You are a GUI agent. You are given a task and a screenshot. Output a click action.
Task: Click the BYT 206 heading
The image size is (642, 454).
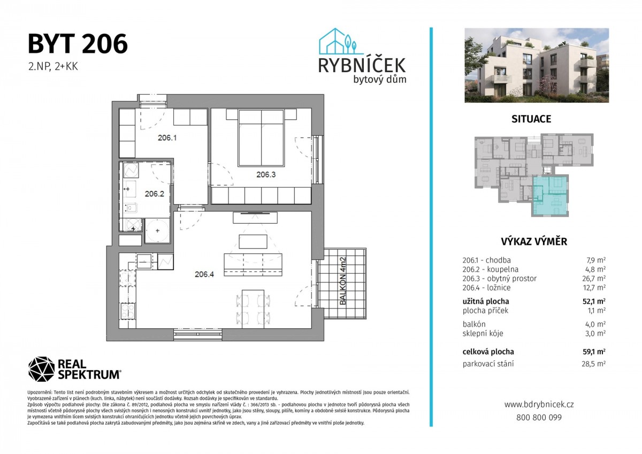click(78, 44)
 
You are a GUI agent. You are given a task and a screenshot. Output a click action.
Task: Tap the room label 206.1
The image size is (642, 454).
click(167, 138)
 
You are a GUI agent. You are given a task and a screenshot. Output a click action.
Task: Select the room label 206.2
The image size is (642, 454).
click(155, 194)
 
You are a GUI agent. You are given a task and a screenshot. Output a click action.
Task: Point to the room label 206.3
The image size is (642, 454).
click(266, 174)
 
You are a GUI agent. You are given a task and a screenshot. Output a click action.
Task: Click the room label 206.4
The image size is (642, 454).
click(204, 274)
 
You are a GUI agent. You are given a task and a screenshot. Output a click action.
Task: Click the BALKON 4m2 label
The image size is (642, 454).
click(343, 281)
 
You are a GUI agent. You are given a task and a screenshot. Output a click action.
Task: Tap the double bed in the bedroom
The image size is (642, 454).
click(261, 138)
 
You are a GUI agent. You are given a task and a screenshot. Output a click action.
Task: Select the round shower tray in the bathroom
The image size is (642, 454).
click(157, 230)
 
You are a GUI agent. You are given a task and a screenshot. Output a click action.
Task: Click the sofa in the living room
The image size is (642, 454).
click(253, 265)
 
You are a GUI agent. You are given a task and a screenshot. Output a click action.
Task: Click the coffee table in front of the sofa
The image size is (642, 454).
click(253, 242)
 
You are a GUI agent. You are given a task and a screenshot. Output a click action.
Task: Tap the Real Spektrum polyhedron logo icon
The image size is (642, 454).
click(41, 369)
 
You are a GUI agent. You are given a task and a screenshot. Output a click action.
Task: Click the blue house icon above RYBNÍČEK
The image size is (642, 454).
click(338, 41)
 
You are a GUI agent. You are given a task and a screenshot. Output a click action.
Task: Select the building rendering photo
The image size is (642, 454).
click(537, 65)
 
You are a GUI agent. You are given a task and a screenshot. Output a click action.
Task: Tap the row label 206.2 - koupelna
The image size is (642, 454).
click(491, 270)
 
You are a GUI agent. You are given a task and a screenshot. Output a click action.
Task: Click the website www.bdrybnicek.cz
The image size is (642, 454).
click(539, 404)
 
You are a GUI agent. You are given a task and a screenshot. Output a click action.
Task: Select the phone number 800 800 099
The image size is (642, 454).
click(539, 417)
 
